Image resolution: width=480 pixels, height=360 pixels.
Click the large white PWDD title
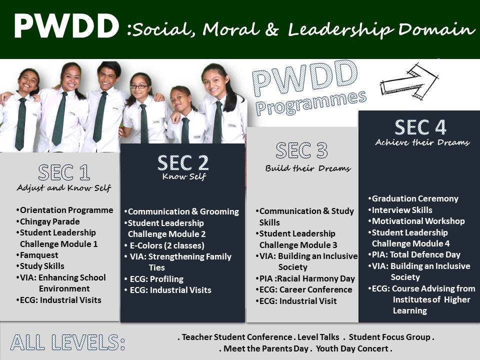coord(66,26)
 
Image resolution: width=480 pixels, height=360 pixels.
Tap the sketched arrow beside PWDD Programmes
coord(409,82)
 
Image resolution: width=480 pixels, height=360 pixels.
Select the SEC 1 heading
coord(64,172)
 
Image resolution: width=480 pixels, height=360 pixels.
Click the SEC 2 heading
coord(183,162)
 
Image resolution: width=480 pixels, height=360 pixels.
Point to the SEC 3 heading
coord(301,150)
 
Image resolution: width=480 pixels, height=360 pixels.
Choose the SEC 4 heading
coord(420,127)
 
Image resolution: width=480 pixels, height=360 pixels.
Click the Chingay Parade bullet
coord(48,221)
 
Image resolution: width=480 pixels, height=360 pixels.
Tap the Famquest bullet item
coord(37,255)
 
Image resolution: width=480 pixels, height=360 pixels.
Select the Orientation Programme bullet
coord(64,210)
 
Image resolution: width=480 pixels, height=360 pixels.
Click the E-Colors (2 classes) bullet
coord(164,245)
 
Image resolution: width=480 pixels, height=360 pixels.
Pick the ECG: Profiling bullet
coord(154,279)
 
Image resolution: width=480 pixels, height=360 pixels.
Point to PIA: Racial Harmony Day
coord(305,278)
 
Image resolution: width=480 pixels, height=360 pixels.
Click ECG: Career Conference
coord(304,289)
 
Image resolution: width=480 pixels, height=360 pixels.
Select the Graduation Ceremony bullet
coord(413,198)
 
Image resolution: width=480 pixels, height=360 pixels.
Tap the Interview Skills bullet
coord(400,210)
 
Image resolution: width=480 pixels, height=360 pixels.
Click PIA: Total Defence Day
coord(414,254)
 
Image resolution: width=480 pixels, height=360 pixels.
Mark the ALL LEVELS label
coord(67,342)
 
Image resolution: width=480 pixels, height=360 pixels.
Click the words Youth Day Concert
coord(352,348)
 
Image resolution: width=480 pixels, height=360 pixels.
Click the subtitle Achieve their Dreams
coord(422,142)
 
